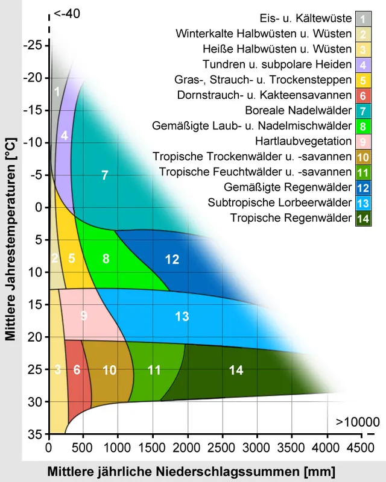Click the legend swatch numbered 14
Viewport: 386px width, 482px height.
tap(363, 218)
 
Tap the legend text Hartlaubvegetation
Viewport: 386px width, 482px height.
tap(303, 141)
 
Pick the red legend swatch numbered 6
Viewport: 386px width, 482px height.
tap(363, 95)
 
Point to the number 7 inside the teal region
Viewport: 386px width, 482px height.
tap(104, 175)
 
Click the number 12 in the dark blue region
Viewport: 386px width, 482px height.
tap(172, 260)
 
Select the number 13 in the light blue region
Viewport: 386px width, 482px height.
tap(182, 316)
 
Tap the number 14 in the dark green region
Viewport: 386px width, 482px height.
tap(236, 371)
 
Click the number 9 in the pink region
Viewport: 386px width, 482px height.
tap(83, 315)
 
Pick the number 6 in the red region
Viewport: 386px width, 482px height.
tap(77, 370)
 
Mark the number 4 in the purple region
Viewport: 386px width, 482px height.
tap(64, 136)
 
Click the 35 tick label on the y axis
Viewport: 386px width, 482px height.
tap(34, 434)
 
